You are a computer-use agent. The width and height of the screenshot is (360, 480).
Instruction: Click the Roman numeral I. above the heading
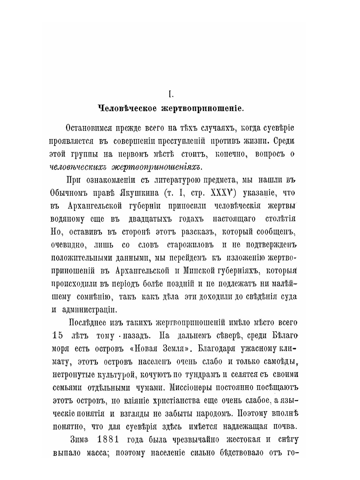point(171,94)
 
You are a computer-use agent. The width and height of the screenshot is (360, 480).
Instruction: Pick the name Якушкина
point(134,193)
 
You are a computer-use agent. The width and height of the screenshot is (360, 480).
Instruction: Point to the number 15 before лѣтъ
point(58,336)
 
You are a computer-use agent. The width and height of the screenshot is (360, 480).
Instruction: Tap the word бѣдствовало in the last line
point(236,453)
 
